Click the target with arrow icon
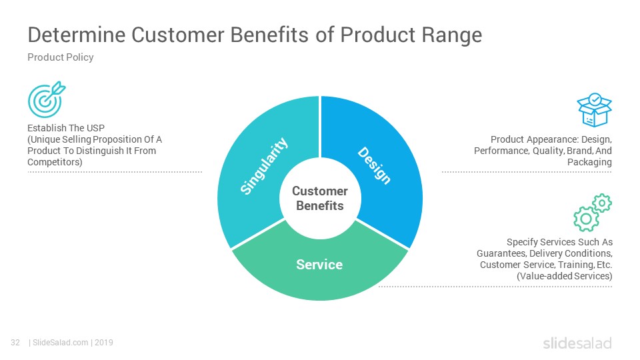pos(46,99)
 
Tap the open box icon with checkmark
pos(594,110)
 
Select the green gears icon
pos(593,212)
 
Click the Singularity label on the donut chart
pos(264,166)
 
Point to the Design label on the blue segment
pos(374,165)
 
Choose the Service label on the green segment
pos(319,265)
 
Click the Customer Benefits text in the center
pos(320,199)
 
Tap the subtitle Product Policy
pos(61,57)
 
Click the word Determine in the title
pos(77,35)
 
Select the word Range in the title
pos(452,35)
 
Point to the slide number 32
pos(15,343)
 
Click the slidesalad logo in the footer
pos(577,343)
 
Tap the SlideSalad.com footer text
pos(60,343)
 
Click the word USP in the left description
pos(95,128)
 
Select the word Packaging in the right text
pos(589,163)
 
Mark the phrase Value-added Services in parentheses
pos(565,276)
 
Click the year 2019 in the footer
pos(104,343)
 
